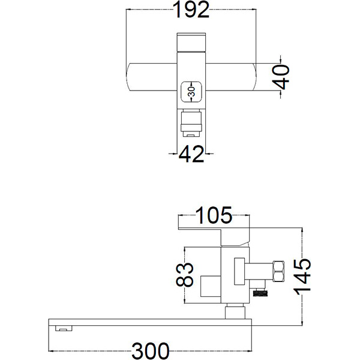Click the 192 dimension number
point(191,10)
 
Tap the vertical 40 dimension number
point(282,77)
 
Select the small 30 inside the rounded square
point(191,91)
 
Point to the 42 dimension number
point(191,154)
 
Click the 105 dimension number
point(214,215)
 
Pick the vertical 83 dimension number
point(185,275)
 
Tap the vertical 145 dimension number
point(302,277)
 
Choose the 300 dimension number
point(151,351)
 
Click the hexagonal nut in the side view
point(278,271)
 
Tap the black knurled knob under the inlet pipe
point(260,293)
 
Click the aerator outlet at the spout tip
point(64,328)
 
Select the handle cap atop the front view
point(191,43)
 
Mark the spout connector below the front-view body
point(191,124)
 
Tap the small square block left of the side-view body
point(211,286)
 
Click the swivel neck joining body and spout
point(235,311)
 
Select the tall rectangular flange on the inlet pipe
point(239,271)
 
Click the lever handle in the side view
point(214,237)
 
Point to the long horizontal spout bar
point(150,322)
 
